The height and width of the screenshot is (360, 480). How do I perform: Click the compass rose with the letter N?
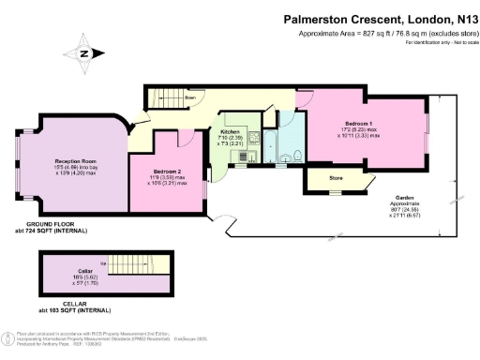85,53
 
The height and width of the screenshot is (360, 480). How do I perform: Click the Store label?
333,177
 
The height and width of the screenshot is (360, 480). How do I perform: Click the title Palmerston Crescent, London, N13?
380,17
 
